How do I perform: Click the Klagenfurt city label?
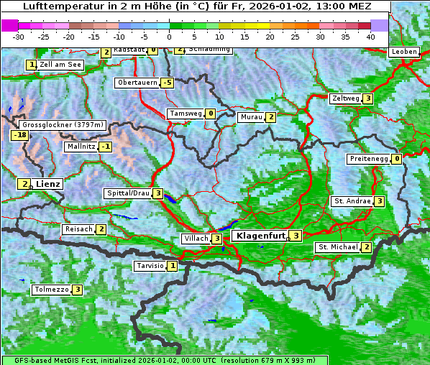coord(259,235)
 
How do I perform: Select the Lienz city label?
coord(48,184)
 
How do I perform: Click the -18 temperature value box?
coord(19,135)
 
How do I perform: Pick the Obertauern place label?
coord(137,83)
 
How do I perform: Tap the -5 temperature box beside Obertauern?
coord(167,83)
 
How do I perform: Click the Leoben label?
coord(403,52)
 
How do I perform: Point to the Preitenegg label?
coord(369,159)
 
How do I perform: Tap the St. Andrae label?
coord(352,201)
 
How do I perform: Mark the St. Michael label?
coord(337,247)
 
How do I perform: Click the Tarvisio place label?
coord(150,266)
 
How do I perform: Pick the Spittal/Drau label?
coord(128,193)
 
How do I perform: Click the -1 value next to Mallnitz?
coord(106,147)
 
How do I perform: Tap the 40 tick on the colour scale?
coord(370,36)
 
